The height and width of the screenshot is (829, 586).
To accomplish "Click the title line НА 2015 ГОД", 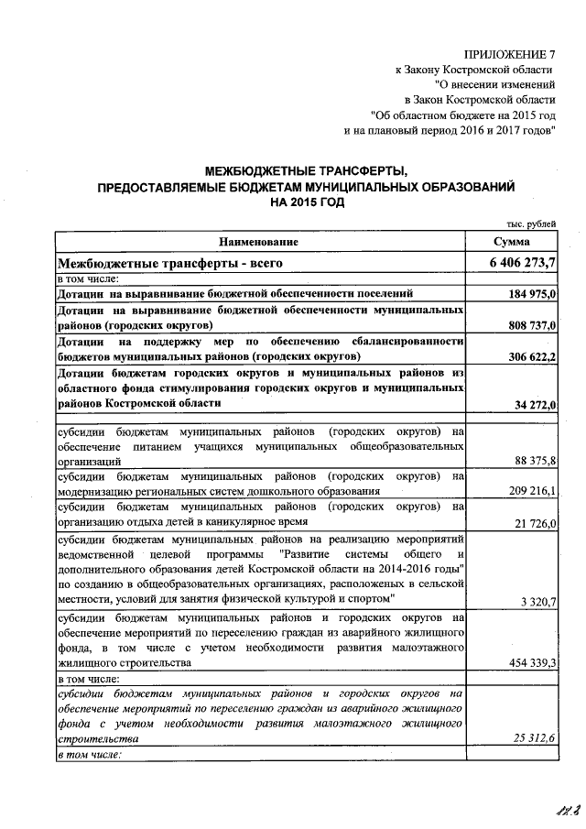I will click(x=306, y=202).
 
